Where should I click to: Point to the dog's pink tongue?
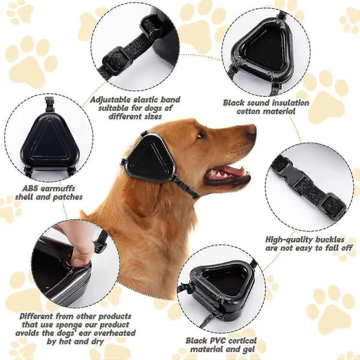click(227, 171)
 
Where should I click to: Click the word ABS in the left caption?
click(30, 189)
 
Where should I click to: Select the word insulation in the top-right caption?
click(289, 103)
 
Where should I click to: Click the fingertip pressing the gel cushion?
click(80, 260)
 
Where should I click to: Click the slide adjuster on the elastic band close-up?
click(118, 58)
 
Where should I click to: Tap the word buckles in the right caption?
click(329, 239)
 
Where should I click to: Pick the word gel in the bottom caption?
click(248, 350)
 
